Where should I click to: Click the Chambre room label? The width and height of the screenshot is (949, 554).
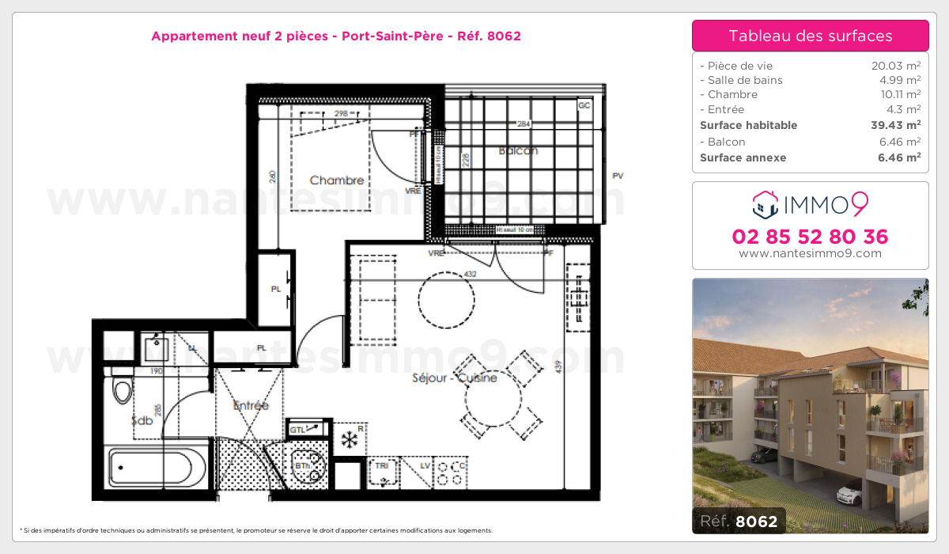337,180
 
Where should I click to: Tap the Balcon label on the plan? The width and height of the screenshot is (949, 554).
518,150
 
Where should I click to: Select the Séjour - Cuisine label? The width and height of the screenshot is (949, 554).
455,378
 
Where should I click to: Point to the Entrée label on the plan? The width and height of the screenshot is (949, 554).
251,405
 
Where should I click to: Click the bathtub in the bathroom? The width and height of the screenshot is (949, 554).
158,469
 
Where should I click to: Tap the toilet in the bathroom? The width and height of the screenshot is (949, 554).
122,390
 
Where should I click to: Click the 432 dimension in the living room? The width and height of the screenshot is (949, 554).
470,274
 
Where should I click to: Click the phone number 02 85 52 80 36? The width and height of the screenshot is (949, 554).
810,237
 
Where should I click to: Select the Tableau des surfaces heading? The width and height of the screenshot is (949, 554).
810,36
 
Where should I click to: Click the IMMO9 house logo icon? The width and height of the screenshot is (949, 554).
764,204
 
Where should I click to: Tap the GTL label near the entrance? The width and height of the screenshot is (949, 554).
297,429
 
